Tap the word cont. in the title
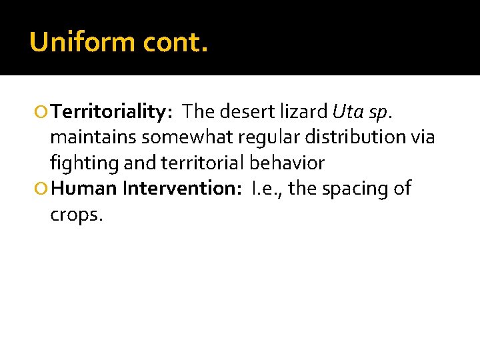click(x=176, y=43)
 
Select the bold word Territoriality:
click(x=113, y=111)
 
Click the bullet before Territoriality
click(x=43, y=111)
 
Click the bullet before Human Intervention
click(x=43, y=189)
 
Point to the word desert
click(x=241, y=111)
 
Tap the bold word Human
click(x=84, y=189)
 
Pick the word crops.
click(x=77, y=216)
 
